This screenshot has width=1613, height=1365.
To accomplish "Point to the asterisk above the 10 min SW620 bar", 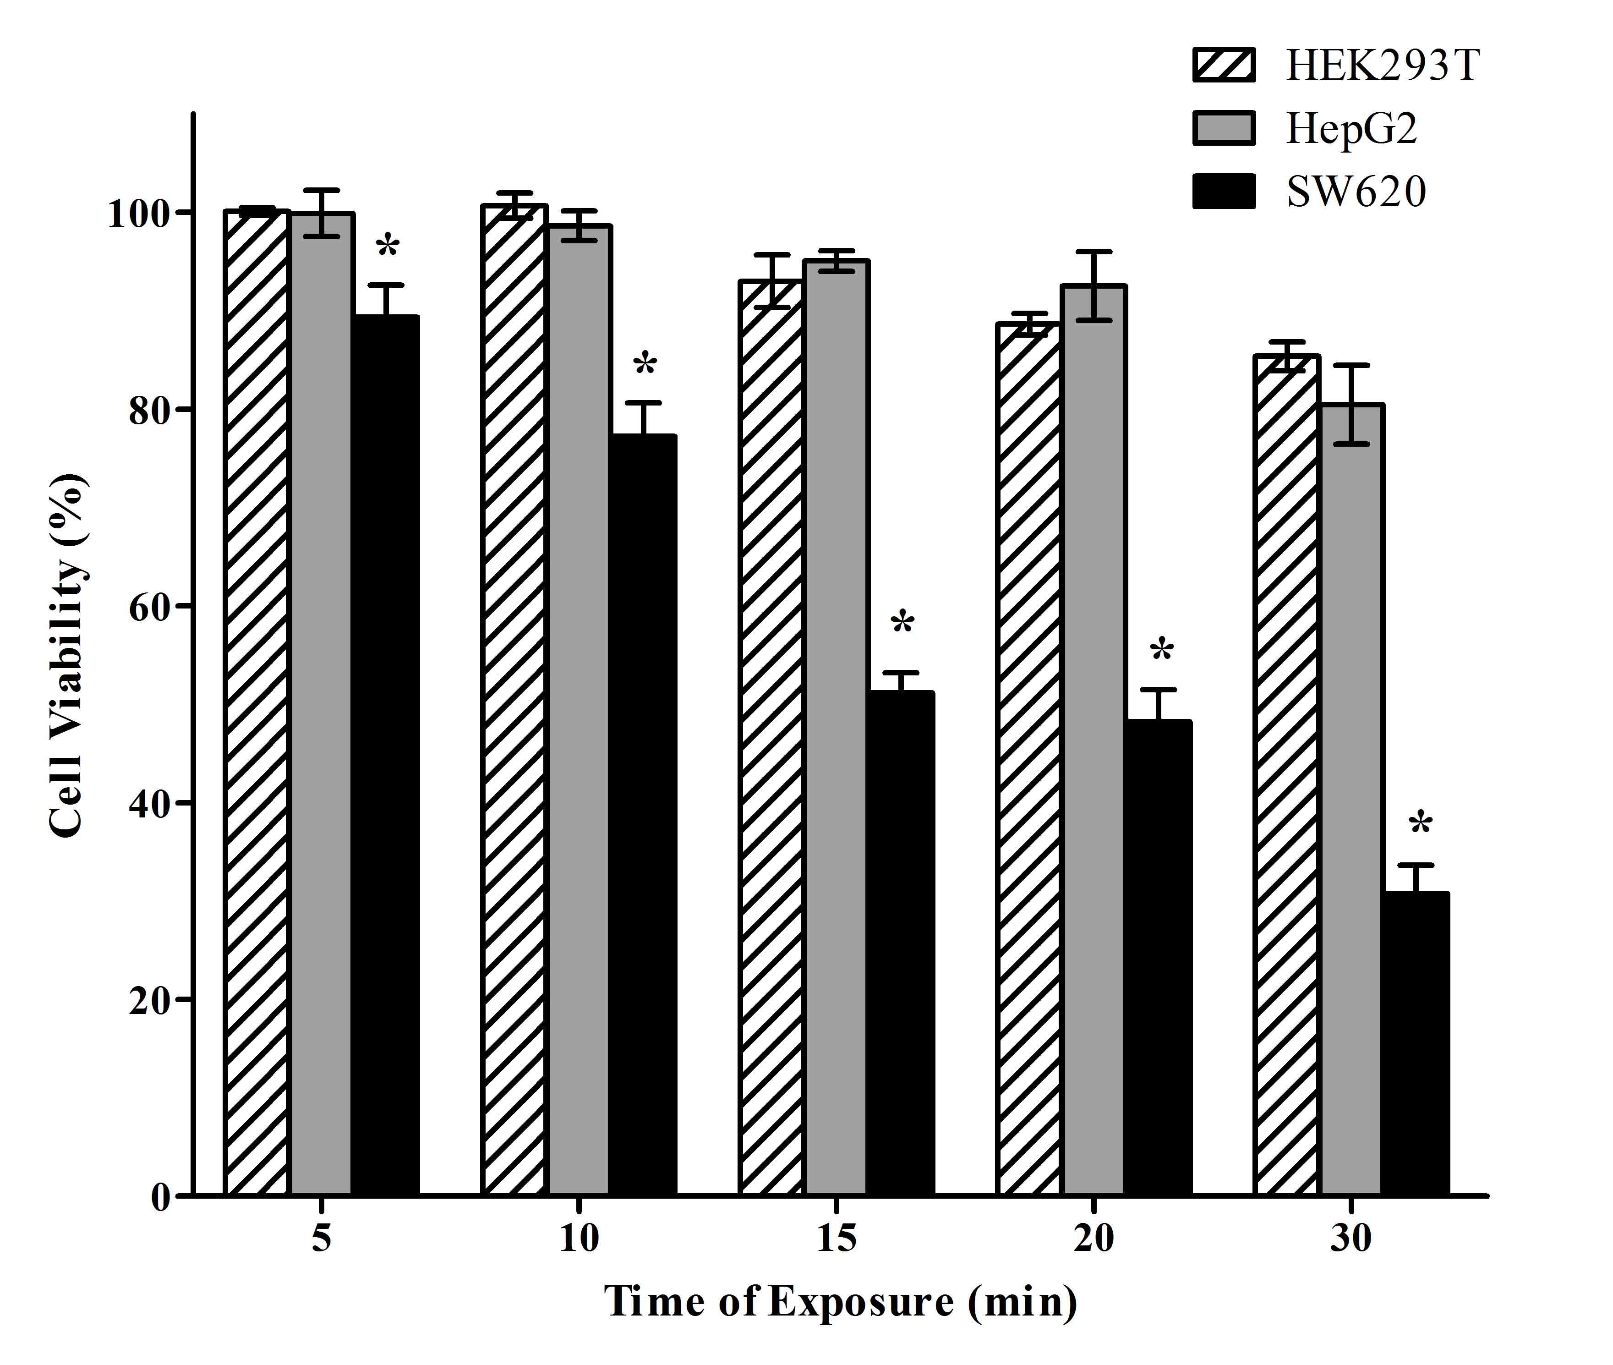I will pos(645,364).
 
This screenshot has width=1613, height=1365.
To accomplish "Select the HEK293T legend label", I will pos(1383,66).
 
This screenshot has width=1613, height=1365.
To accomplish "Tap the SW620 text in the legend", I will pos(1356,192).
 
